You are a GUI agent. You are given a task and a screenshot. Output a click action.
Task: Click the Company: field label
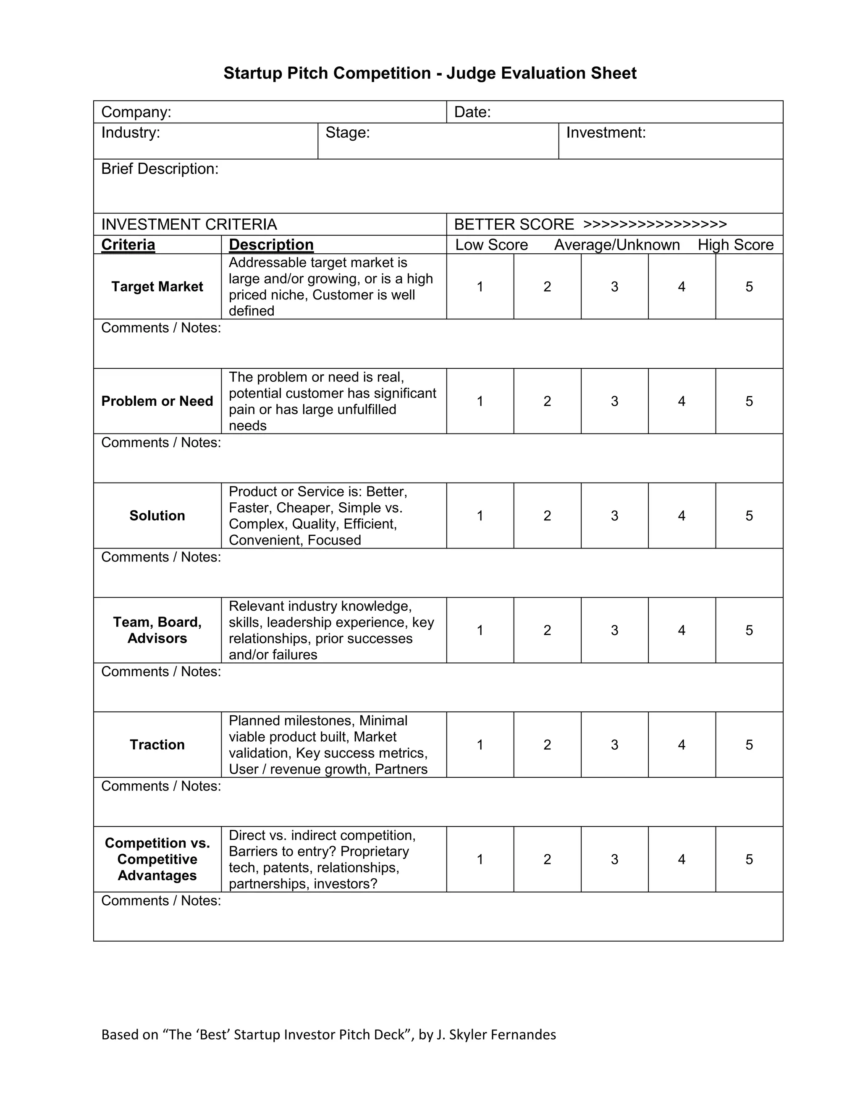136,112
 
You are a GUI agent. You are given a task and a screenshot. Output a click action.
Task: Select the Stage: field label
347,132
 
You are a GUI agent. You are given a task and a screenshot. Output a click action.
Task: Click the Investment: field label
606,132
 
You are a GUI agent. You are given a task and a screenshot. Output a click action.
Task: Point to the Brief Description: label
160,169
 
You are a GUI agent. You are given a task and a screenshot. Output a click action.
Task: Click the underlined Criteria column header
128,244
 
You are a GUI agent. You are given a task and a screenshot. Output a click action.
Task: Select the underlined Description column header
271,244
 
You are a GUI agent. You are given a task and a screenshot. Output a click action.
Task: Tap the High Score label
735,244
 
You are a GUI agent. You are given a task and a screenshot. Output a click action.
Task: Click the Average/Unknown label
616,244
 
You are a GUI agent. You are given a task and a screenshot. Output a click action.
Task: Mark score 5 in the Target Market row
749,286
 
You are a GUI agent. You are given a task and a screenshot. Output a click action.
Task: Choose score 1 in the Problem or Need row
480,401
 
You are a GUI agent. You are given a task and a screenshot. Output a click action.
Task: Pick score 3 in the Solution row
614,516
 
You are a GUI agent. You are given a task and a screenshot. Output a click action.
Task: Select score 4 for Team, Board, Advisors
682,630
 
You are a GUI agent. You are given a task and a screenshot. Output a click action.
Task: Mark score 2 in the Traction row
547,745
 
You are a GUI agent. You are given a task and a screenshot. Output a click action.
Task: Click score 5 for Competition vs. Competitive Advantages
749,859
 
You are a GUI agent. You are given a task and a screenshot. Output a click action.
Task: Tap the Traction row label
157,745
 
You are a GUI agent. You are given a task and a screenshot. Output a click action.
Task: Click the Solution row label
157,516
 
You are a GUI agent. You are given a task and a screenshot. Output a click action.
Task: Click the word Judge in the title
471,73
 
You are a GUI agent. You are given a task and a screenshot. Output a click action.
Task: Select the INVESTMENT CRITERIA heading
189,224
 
